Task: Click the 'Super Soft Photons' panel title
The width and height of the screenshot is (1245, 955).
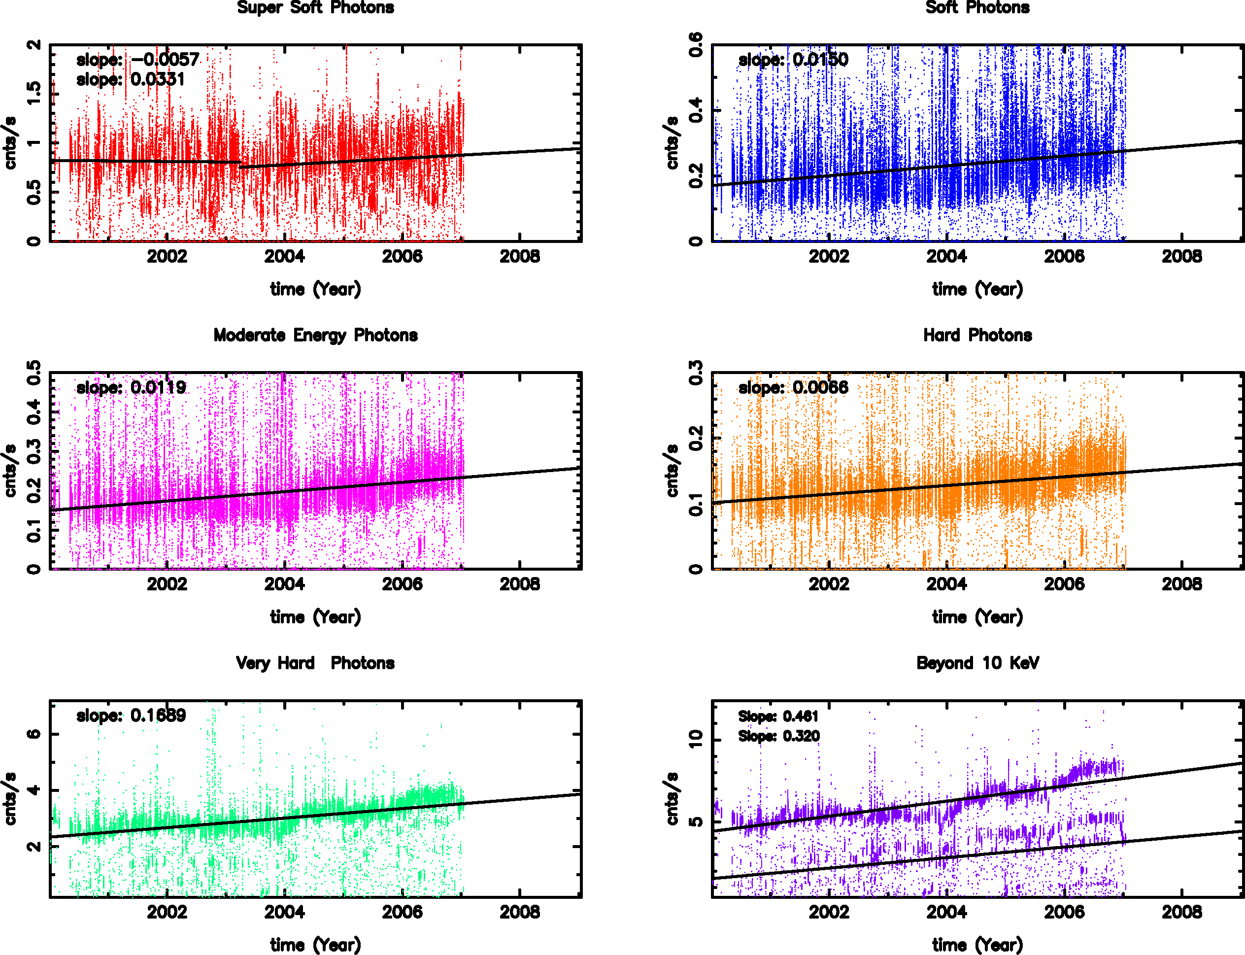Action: [x=315, y=8]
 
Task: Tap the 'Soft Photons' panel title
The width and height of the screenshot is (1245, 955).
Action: [x=977, y=8]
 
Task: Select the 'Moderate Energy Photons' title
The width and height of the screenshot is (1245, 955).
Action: [x=315, y=336]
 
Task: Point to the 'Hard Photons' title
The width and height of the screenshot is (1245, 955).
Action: [x=977, y=336]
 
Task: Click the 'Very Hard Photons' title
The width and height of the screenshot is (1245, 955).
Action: [x=315, y=663]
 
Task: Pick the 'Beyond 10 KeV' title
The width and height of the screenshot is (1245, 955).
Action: [x=977, y=663]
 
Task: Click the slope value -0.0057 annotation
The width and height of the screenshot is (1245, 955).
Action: [x=138, y=60]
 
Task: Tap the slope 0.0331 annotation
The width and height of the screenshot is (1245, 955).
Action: [x=131, y=80]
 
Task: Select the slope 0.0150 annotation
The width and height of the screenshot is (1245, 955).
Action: [x=793, y=60]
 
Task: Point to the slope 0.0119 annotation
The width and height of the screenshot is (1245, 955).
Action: [x=131, y=388]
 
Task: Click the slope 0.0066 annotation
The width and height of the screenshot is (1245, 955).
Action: [x=793, y=388]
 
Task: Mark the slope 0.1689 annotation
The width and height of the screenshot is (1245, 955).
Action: [x=131, y=715]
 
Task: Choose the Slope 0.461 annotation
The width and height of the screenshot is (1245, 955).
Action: [x=778, y=716]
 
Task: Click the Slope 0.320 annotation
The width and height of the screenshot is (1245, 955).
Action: [x=778, y=736]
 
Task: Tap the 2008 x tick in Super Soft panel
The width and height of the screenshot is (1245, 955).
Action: [x=520, y=257]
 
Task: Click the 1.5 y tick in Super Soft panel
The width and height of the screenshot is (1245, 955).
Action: [x=34, y=94]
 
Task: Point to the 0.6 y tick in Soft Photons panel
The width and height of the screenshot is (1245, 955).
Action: [x=696, y=45]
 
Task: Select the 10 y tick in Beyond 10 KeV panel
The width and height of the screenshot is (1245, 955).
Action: [x=696, y=739]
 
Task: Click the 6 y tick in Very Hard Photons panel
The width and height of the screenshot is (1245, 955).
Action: [x=34, y=734]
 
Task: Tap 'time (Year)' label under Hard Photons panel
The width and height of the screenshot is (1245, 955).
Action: [x=977, y=617]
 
